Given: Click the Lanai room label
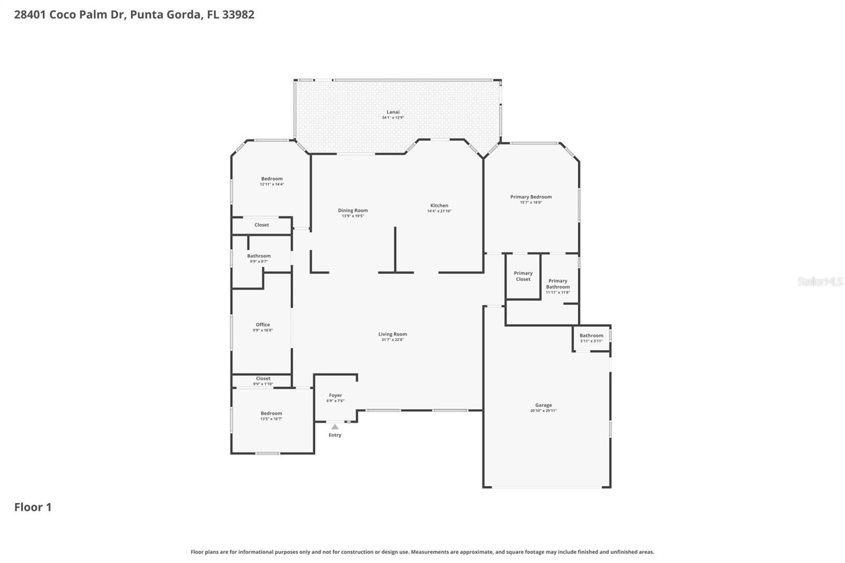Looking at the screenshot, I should (x=393, y=112).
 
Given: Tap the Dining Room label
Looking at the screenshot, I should (x=353, y=211).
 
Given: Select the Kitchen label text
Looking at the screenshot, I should (x=439, y=206).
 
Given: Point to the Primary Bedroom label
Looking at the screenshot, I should (x=531, y=197).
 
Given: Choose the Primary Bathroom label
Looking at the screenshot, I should (x=558, y=284).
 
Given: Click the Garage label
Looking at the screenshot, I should (x=543, y=406).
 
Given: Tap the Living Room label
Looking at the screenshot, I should (x=392, y=334).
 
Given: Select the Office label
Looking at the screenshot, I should (x=262, y=325).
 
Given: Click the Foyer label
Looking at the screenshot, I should (x=335, y=396).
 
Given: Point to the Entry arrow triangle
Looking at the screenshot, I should (x=335, y=427).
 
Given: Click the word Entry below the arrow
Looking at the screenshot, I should (x=335, y=435).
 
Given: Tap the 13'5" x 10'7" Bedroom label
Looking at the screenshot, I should (x=271, y=414).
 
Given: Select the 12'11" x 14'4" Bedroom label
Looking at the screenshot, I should (x=271, y=179).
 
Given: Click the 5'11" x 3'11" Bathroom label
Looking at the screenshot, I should (x=591, y=336).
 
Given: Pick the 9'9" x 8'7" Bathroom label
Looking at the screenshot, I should (x=259, y=256).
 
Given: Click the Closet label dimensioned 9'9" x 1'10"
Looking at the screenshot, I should (x=263, y=379).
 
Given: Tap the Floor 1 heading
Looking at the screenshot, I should (x=33, y=507).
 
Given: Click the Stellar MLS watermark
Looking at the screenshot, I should (x=820, y=281).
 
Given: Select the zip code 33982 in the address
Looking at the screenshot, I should (x=238, y=14).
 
